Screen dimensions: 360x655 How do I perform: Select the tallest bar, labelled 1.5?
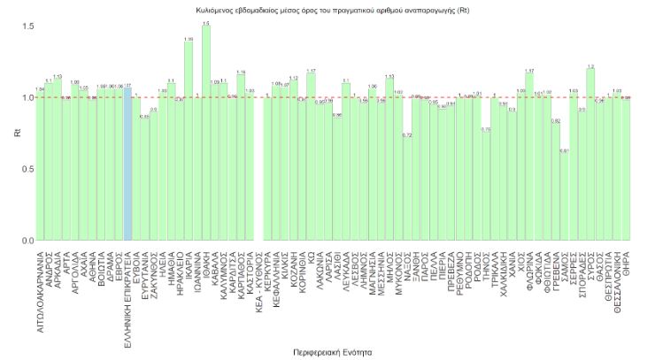(205, 133)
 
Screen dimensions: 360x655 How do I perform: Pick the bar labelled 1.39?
(188, 141)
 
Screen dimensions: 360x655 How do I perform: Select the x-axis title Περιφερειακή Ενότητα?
(332, 352)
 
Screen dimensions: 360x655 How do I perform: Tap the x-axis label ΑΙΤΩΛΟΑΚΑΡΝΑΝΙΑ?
(40, 287)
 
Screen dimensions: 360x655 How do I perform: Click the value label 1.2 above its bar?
(589, 66)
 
